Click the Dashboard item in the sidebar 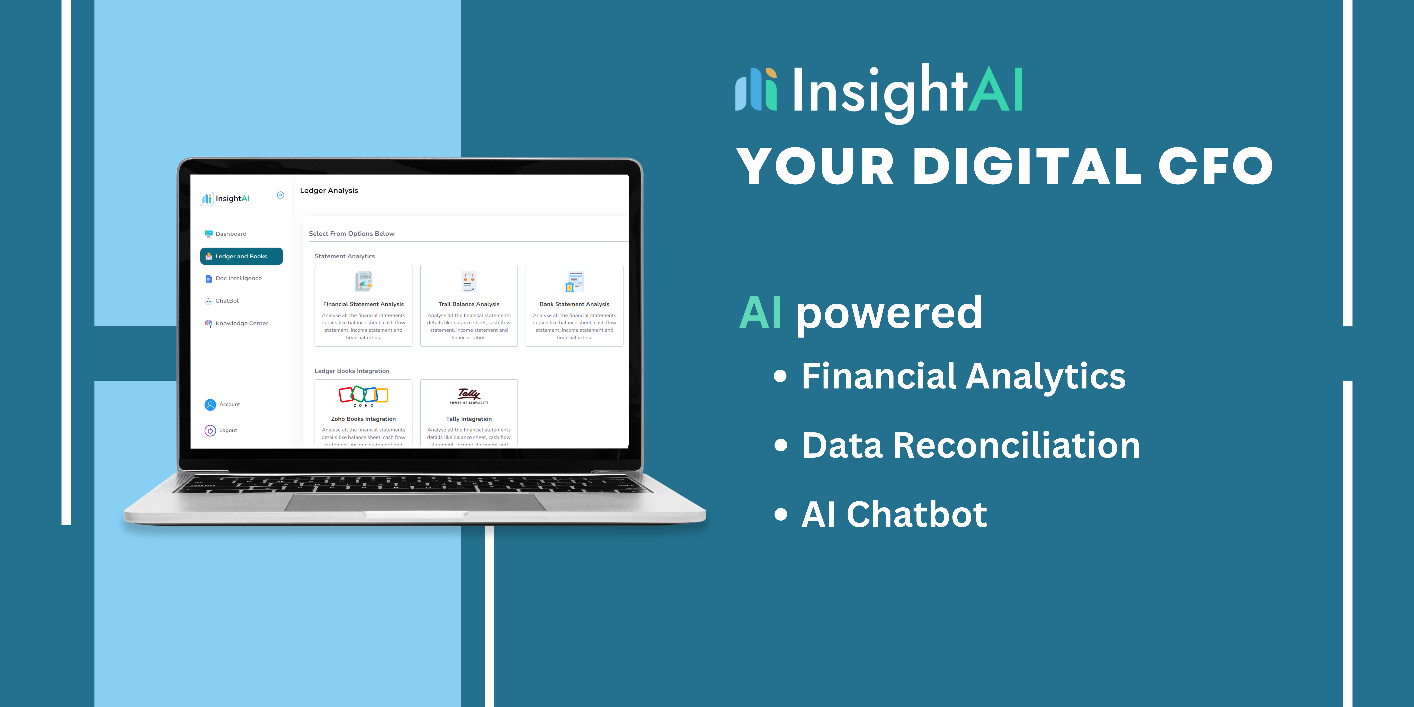231,234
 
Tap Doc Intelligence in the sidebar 238,278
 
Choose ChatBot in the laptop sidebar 227,301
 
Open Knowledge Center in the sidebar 242,323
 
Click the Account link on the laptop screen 229,405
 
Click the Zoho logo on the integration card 363,395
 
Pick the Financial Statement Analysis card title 363,304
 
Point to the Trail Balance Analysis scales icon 469,281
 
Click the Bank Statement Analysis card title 574,304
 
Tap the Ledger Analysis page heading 329,190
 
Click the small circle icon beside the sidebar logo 280,195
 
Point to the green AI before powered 760,313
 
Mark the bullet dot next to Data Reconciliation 780,445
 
